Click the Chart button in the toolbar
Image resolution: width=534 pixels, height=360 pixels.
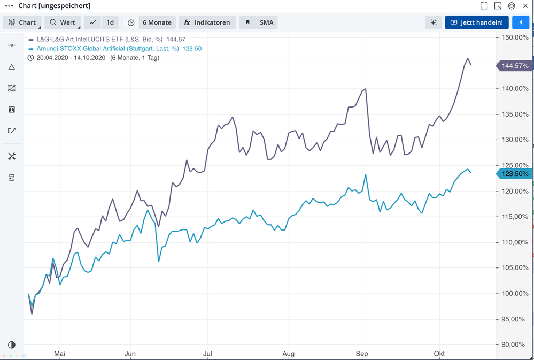[22, 22]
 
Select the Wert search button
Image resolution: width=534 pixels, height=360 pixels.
[63, 22]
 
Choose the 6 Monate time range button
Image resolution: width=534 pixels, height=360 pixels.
[149, 22]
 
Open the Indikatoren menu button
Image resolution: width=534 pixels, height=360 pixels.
[207, 22]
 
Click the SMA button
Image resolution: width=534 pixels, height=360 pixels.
[259, 22]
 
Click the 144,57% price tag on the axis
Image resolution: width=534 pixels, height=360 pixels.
[514, 66]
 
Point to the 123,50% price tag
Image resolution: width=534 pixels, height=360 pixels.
[514, 174]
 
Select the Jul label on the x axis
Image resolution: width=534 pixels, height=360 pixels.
[208, 354]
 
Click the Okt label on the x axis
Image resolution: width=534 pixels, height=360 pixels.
[439, 354]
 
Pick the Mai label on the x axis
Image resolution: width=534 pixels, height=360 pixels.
[59, 354]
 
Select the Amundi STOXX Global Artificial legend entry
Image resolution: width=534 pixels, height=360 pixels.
[107, 49]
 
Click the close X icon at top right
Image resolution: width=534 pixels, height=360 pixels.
[525, 6]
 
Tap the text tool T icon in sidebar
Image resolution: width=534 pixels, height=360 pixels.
[12, 110]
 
